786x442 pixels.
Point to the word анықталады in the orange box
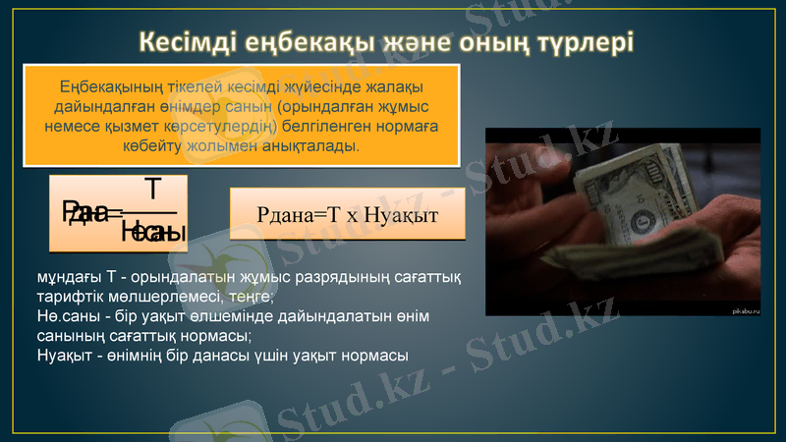tap(310, 145)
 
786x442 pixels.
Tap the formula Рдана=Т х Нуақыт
tap(347, 213)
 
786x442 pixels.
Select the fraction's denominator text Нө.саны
tap(154, 232)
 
